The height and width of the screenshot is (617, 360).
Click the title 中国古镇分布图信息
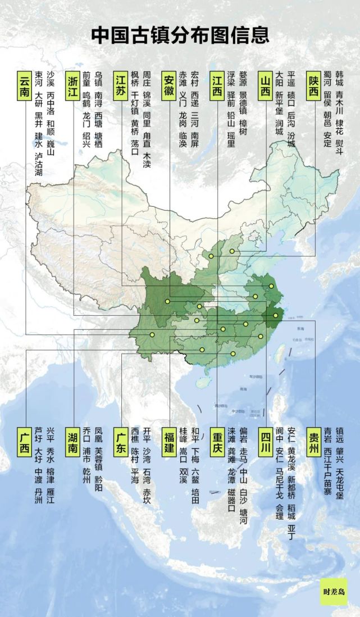tap(180, 35)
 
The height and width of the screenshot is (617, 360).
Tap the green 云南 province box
tap(25, 85)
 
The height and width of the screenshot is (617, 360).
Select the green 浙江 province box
tap(73, 85)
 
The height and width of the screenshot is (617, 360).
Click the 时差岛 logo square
tap(334, 591)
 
